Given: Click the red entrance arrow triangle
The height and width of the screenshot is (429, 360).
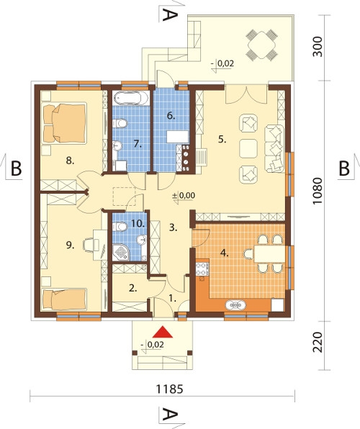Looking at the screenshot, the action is click(163, 332).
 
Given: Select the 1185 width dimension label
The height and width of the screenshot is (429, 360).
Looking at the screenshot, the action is click(169, 389).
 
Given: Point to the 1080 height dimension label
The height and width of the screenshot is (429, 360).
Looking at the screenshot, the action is click(318, 191).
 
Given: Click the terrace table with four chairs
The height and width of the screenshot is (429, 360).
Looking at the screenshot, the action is click(262, 45).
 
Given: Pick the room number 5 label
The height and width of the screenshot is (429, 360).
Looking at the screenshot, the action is click(222, 140).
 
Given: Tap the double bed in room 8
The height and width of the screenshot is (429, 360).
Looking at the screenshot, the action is click(65, 123).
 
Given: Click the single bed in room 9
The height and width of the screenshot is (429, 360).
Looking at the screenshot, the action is click(65, 299).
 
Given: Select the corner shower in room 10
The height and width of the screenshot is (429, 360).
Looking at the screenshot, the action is click(121, 252).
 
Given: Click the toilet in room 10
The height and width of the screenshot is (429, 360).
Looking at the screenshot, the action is click(120, 227).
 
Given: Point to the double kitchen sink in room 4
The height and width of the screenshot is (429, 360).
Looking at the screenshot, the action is click(235, 304).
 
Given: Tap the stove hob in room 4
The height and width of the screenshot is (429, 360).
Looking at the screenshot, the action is click(202, 268).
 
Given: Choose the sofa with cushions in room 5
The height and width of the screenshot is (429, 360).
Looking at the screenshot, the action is click(274, 148).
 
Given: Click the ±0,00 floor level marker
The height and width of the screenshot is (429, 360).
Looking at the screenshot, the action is click(183, 197).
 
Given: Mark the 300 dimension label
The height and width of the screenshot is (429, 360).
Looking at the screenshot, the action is click(318, 47).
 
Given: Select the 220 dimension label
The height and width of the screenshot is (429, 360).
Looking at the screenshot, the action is click(318, 343).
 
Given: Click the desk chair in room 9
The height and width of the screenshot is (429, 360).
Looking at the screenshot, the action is click(88, 244).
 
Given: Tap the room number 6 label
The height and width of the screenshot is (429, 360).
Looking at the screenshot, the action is click(171, 116).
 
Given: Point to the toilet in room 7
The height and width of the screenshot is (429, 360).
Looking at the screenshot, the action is click(120, 123).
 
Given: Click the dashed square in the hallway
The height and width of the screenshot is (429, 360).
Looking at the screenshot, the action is click(125, 197).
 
